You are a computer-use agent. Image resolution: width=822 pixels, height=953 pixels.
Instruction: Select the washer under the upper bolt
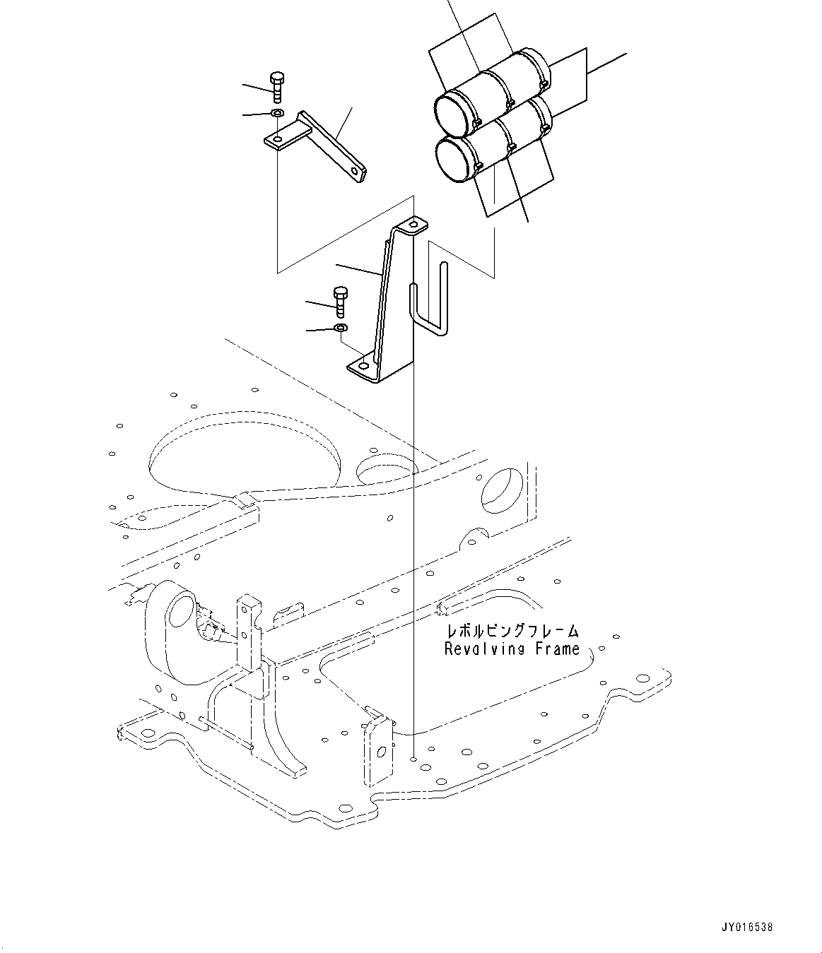coord(277,113)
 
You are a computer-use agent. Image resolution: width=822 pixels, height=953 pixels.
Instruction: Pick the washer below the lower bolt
coord(340,328)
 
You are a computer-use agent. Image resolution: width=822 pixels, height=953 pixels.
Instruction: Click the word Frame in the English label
coord(555,649)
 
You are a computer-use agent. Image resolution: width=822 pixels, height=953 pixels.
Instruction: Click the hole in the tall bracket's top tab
coord(415,226)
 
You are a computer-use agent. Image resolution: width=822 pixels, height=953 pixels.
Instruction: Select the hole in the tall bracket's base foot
coord(363,367)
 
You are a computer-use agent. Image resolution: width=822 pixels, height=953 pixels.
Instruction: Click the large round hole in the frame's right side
coord(502,489)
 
